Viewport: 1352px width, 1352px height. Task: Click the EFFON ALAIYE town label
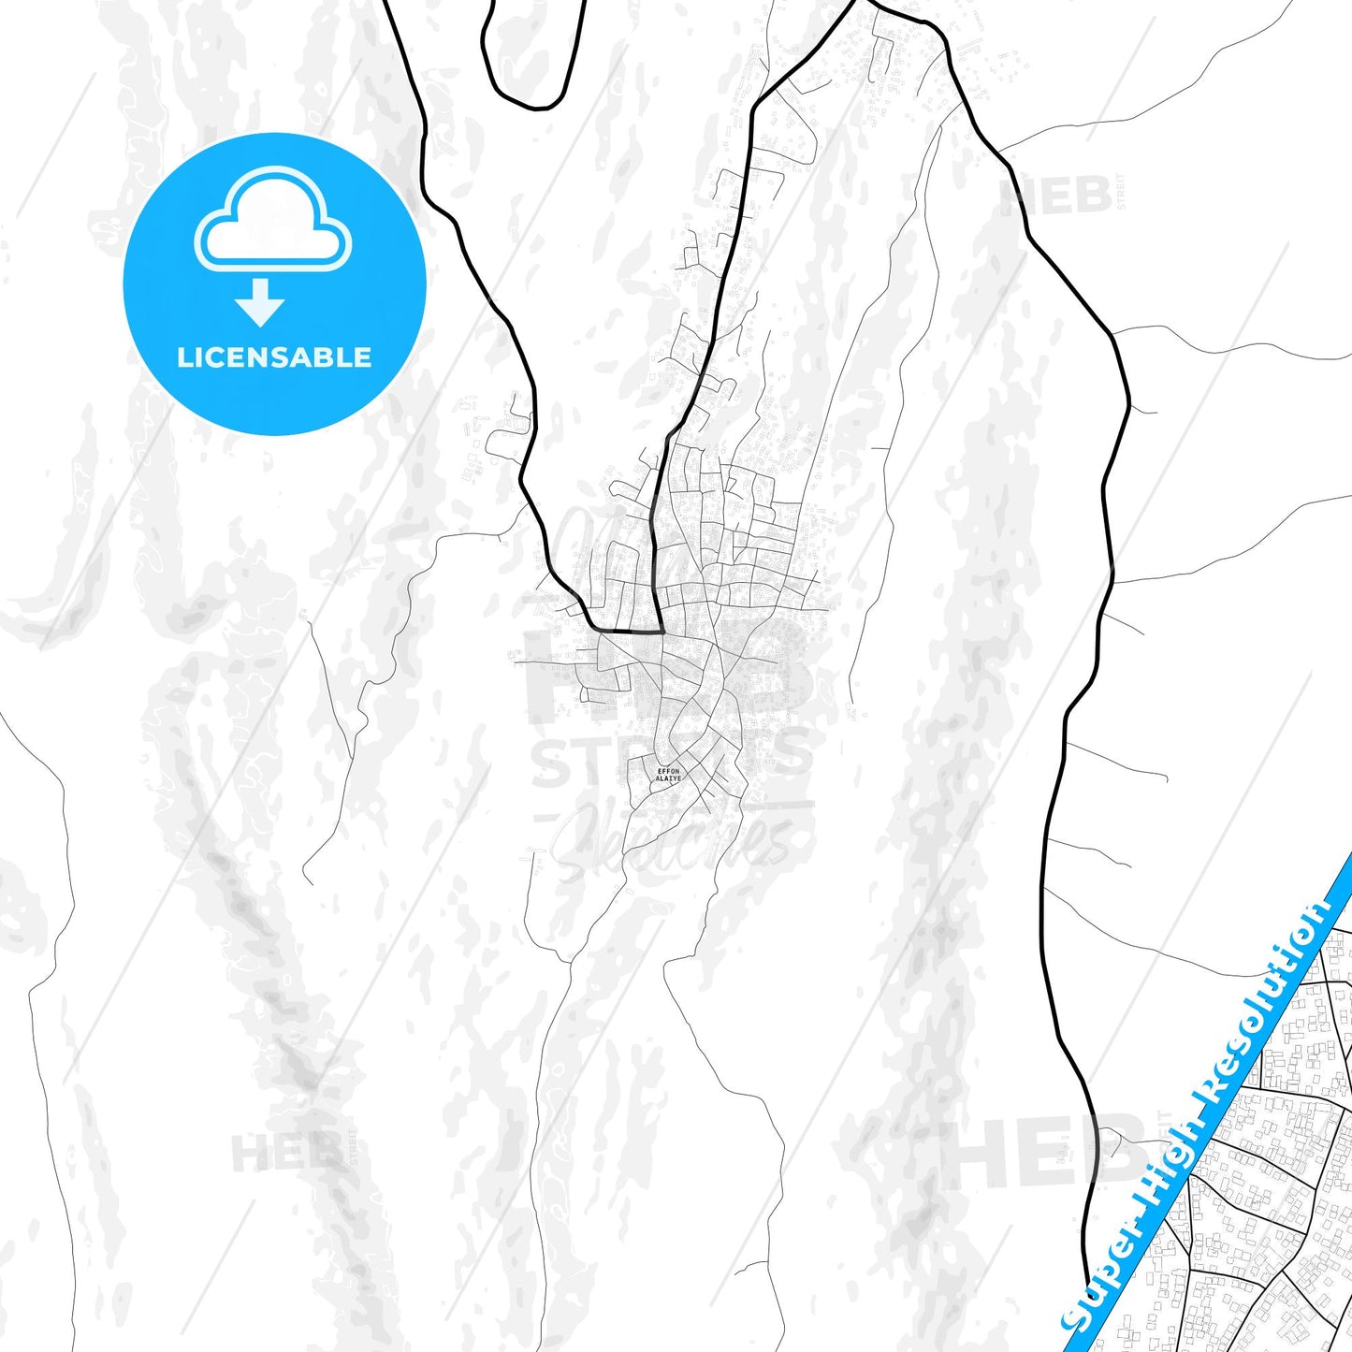(x=668, y=775)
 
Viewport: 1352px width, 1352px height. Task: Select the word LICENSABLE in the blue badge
(x=274, y=357)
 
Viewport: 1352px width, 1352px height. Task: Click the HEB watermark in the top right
(x=1057, y=196)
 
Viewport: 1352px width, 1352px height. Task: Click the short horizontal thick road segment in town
(x=630, y=632)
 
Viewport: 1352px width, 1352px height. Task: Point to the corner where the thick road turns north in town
(x=661, y=632)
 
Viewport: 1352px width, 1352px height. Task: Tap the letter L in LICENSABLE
(x=184, y=357)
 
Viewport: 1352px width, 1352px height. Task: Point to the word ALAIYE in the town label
(x=668, y=779)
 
